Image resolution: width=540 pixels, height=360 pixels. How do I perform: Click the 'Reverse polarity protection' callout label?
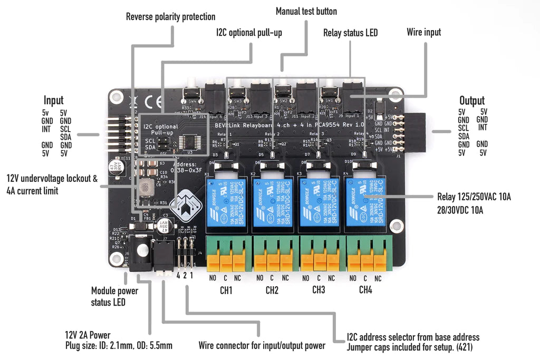170,17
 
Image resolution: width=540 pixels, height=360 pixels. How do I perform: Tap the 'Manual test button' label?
306,11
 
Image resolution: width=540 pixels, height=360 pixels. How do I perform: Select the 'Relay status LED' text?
350,33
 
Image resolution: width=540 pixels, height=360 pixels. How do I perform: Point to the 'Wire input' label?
424,32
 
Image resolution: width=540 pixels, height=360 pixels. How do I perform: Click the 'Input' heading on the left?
54,100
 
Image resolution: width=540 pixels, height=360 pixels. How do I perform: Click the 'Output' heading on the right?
472,100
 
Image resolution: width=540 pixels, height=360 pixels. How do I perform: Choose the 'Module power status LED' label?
114,296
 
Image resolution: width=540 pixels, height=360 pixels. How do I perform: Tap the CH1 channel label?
226,290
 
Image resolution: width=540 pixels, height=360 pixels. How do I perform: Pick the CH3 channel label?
319,290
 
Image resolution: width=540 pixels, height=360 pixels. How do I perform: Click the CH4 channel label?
365,290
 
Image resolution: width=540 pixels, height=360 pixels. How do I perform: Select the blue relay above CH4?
365,203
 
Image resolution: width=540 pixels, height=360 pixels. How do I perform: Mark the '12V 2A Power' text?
88,335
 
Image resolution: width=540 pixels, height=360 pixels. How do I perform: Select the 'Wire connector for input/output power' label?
262,346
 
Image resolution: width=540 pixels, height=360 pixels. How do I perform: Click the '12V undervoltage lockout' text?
52,179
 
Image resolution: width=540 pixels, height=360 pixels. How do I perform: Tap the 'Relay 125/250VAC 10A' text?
474,197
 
